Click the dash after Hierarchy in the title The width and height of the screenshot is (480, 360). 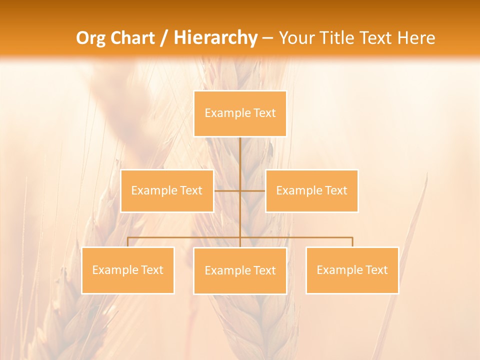[267, 38]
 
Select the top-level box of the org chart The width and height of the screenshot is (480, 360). [240, 113]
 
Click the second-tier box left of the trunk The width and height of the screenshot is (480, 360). [167, 190]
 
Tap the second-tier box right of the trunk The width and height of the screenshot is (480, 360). [311, 190]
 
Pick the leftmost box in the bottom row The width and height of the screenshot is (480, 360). [127, 270]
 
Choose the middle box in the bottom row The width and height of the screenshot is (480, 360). [240, 271]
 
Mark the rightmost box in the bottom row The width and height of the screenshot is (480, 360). [352, 270]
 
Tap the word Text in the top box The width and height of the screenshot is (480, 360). [264, 113]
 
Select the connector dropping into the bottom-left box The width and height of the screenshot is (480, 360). [127, 242]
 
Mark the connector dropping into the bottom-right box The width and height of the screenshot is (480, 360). [352, 242]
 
